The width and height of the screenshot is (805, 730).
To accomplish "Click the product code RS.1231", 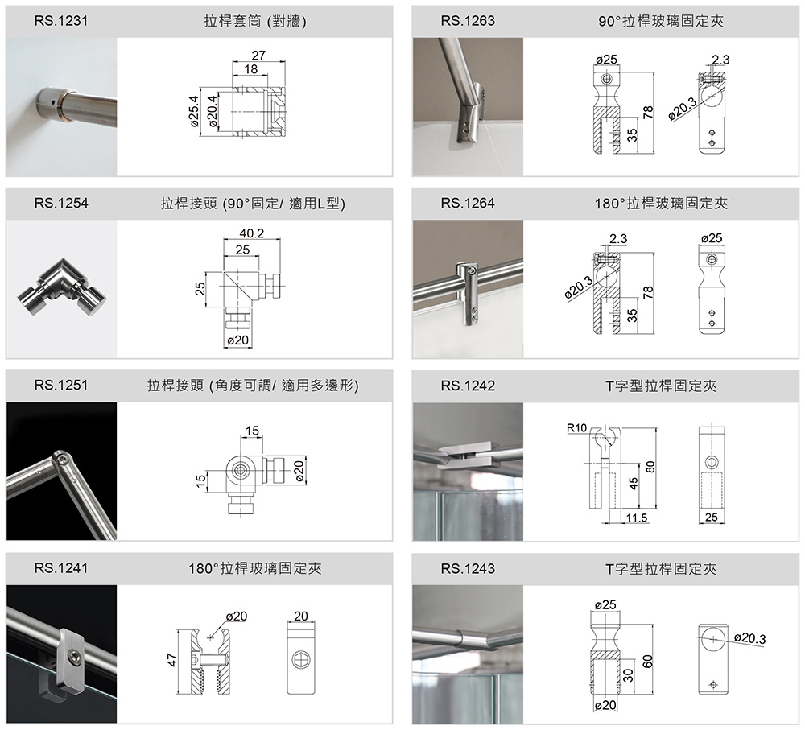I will [61, 21].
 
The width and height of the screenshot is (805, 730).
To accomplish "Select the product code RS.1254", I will [61, 204].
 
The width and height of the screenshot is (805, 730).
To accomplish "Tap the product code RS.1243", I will [468, 569].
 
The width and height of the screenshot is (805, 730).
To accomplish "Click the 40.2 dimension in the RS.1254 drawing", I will [252, 233].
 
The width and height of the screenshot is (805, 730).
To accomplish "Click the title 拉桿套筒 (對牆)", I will [255, 21].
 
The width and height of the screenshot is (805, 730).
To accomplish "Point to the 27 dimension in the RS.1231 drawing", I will [258, 56].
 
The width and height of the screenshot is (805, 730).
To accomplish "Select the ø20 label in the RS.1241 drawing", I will [236, 616].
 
